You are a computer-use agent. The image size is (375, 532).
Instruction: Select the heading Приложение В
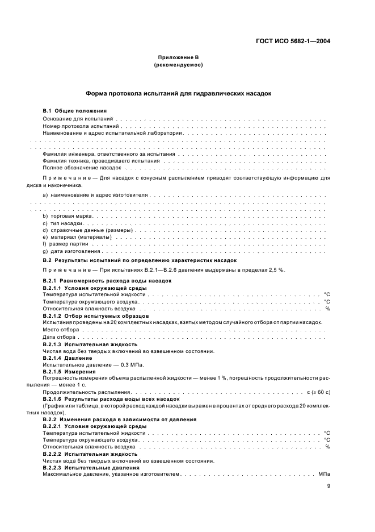[x=178, y=57]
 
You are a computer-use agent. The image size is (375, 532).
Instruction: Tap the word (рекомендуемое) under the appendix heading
[x=178, y=65]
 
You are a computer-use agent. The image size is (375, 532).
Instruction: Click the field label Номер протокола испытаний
[x=81, y=124]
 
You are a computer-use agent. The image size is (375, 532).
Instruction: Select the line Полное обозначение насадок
[x=82, y=168]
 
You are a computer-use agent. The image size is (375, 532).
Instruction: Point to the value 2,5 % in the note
[x=275, y=269]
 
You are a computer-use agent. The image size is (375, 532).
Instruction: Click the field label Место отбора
[x=61, y=330]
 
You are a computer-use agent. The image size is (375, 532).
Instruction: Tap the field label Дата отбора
[x=60, y=337]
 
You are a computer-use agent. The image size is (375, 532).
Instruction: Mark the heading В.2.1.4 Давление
[x=67, y=358]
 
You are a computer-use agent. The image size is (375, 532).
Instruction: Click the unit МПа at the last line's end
[x=324, y=473]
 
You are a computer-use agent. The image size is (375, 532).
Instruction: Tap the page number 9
[x=328, y=486]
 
